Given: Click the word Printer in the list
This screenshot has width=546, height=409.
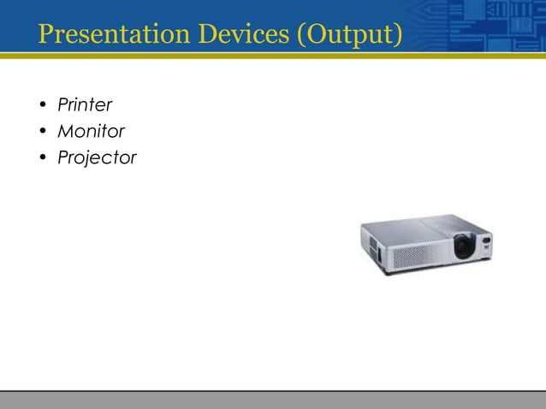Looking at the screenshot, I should [x=85, y=105].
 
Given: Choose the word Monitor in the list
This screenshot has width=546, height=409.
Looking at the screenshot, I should [x=91, y=132].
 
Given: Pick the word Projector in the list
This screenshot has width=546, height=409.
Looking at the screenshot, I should [x=97, y=158].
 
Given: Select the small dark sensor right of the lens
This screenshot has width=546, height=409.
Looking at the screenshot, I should [x=486, y=240].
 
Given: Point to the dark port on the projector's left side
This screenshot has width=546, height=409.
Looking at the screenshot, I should [x=371, y=246].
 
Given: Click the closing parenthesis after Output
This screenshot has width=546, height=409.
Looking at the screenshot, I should [x=397, y=36].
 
